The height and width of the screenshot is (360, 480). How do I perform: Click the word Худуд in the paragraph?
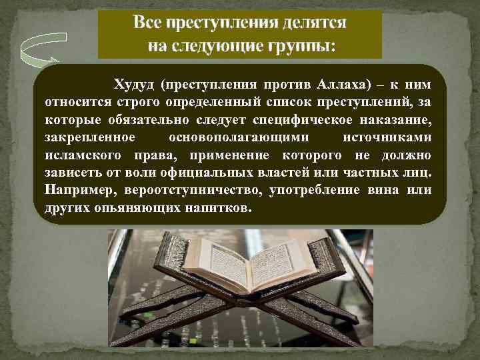tap(134, 86)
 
